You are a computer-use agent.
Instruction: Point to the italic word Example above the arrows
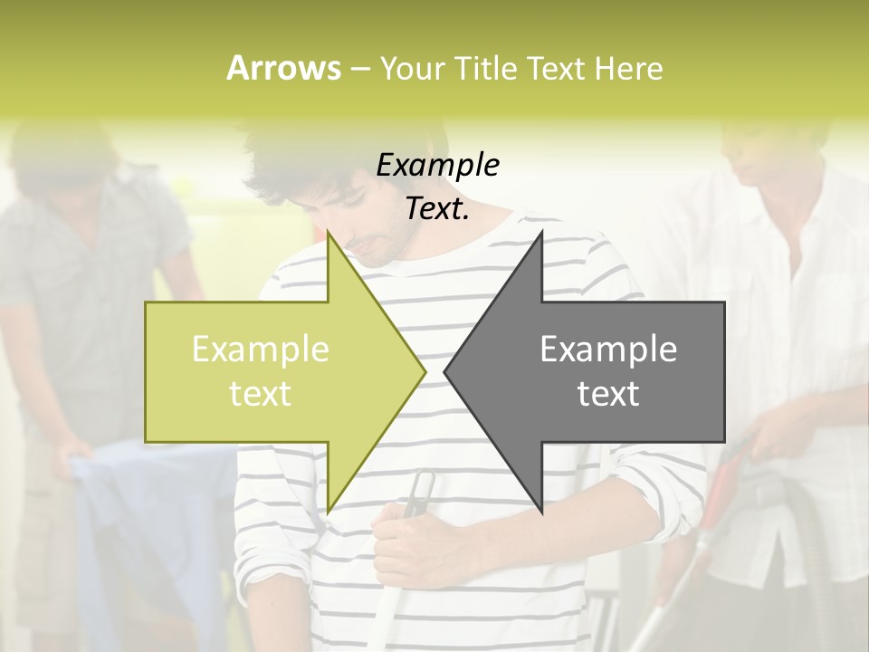[437, 165]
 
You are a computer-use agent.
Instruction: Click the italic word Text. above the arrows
[437, 208]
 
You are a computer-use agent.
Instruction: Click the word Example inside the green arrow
[261, 349]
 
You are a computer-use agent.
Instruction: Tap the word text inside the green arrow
[261, 394]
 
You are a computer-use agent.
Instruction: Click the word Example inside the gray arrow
[608, 349]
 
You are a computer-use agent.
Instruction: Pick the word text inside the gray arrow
[608, 394]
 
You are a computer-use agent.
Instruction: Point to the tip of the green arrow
[423, 371]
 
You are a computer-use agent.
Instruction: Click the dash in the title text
[358, 69]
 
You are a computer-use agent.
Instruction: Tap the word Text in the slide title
[555, 68]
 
